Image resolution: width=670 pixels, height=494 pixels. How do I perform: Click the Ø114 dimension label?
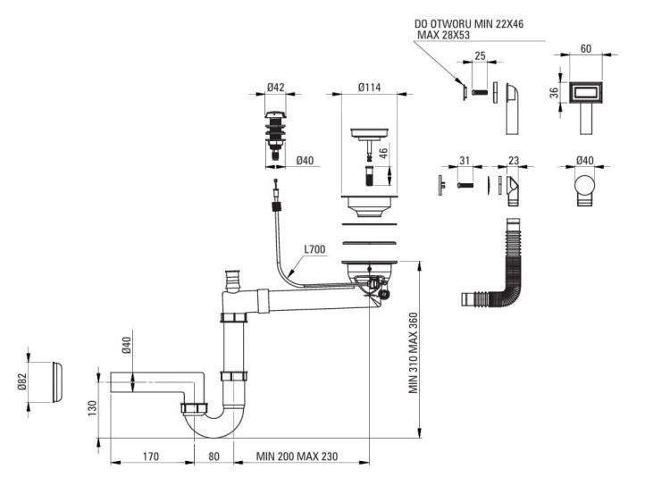[369, 88]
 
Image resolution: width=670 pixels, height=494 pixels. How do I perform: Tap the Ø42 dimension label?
[276, 88]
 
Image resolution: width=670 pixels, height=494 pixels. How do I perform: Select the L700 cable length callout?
[314, 249]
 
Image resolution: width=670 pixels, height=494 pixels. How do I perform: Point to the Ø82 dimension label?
[22, 381]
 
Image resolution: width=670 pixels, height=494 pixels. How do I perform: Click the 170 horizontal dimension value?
[150, 456]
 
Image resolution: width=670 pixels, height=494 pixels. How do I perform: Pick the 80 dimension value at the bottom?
[214, 456]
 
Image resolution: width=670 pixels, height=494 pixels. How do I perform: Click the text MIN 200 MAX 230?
[297, 456]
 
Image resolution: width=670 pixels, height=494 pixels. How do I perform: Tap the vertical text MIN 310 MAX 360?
[414, 353]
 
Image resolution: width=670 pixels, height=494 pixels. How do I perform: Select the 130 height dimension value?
[92, 408]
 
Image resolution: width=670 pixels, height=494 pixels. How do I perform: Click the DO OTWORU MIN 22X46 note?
[469, 24]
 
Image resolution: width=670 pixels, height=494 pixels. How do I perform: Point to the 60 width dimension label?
[586, 49]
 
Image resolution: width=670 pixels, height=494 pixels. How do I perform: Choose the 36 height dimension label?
[554, 93]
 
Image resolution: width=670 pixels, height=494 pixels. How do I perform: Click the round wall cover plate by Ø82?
[57, 382]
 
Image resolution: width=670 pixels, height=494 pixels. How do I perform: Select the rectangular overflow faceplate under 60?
[586, 93]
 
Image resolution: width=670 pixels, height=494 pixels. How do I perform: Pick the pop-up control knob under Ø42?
[275, 136]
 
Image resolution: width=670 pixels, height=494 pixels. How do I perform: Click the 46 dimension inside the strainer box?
[383, 153]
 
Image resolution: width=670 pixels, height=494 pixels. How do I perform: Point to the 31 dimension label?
[465, 161]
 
